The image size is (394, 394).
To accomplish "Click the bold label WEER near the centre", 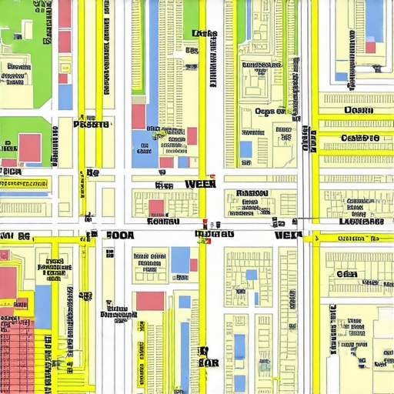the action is point(200,185).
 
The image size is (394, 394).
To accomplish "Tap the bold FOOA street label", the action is point(119,236).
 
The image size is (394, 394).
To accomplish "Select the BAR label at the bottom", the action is point(209,362).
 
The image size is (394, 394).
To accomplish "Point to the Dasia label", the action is point(358,110).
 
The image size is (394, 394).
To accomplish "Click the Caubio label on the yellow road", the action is point(359,138).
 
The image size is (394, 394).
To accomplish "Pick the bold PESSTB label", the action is point(91,124).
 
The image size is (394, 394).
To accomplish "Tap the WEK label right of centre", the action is point(288,235).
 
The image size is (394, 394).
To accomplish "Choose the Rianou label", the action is point(252,193).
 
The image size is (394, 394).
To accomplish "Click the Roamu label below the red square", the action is point(162,221).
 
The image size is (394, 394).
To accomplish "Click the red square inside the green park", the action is point(30,147).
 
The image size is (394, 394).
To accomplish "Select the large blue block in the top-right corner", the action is point(374,22).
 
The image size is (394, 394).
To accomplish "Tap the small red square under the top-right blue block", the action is point(370,48).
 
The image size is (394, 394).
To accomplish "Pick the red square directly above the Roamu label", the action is point(156,207).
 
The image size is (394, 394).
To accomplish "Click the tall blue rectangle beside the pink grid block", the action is point(43,306).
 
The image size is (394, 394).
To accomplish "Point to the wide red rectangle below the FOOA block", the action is point(150,301).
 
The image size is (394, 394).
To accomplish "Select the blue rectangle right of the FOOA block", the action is point(181,259).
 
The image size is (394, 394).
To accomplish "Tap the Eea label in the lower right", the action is point(346,274).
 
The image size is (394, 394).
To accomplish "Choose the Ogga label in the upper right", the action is point(269,112).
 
